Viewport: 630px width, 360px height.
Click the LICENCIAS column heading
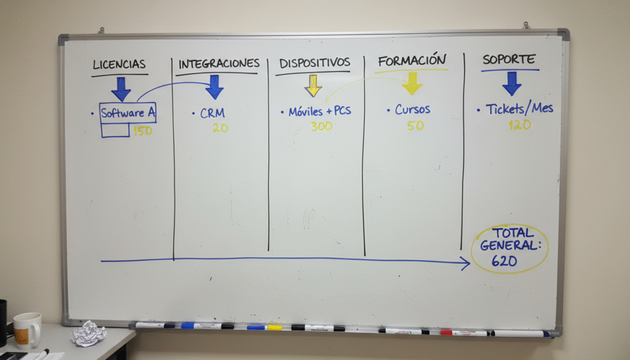119,64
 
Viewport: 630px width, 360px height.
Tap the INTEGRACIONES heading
219,63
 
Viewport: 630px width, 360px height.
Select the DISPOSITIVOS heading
314,63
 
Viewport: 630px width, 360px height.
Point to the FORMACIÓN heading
412,61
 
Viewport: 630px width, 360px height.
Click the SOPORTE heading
509,60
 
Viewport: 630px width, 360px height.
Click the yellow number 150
143,130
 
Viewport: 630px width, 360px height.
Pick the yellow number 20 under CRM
220,128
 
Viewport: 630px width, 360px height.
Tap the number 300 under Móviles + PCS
321,127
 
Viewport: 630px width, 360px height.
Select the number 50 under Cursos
415,126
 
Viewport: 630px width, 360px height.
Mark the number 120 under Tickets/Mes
519,125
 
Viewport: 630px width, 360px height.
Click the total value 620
504,262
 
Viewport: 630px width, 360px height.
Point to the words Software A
128,113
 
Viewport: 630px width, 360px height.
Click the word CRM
212,113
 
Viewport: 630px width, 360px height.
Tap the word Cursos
413,110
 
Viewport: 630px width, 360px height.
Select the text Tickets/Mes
519,108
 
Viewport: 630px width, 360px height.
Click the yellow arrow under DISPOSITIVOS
313,86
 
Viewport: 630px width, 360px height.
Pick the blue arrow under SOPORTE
511,84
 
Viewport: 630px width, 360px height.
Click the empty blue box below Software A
115,130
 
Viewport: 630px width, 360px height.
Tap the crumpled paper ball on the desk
89,333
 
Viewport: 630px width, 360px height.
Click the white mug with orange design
27,330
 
